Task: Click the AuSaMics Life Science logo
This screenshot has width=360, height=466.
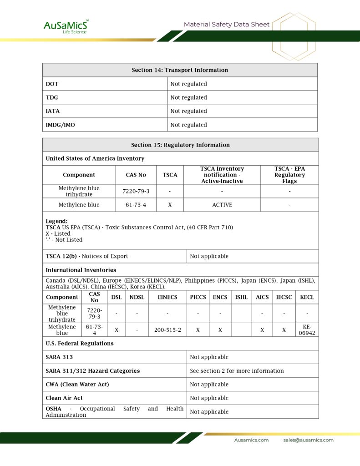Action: pyautogui.click(x=66, y=26)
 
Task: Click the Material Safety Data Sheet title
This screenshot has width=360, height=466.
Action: pyautogui.click(x=227, y=25)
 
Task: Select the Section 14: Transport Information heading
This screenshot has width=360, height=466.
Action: pyautogui.click(x=180, y=70)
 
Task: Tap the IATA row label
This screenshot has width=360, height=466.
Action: pyautogui.click(x=53, y=111)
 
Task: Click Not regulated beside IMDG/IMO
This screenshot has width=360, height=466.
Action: pyautogui.click(x=188, y=125)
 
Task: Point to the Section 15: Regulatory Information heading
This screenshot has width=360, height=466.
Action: pyautogui.click(x=180, y=145)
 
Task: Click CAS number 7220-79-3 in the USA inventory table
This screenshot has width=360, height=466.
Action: pyautogui.click(x=136, y=191)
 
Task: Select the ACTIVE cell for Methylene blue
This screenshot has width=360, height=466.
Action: pyautogui.click(x=222, y=205)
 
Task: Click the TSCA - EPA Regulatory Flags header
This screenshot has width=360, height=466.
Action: pyautogui.click(x=289, y=175)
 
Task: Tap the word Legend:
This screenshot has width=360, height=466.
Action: pyautogui.click(x=56, y=221)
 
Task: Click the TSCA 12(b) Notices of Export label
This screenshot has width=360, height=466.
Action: pyautogui.click(x=87, y=256)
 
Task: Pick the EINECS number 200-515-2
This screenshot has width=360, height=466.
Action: pyautogui.click(x=167, y=330)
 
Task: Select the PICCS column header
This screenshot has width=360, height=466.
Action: pyautogui.click(x=198, y=297)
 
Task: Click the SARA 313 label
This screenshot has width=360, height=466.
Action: pyautogui.click(x=59, y=357)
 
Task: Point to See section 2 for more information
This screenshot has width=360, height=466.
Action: pyautogui.click(x=237, y=371)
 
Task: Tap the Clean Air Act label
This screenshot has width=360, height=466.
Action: pyautogui.click(x=64, y=398)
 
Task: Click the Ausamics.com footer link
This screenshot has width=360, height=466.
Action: pyautogui.click(x=251, y=440)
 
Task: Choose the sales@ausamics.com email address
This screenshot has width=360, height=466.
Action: pyautogui.click(x=308, y=440)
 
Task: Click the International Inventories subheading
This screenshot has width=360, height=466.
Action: pyautogui.click(x=81, y=270)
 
